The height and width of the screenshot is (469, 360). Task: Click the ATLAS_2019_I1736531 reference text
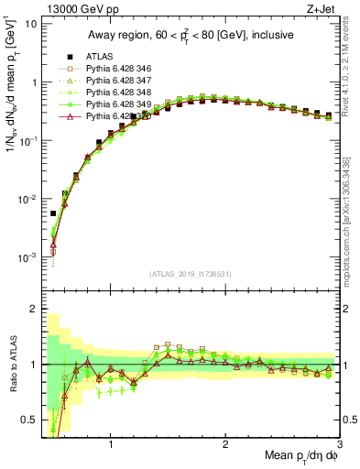pyautogui.click(x=190, y=275)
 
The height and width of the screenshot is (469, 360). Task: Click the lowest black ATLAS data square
pyautogui.click(x=53, y=213)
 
